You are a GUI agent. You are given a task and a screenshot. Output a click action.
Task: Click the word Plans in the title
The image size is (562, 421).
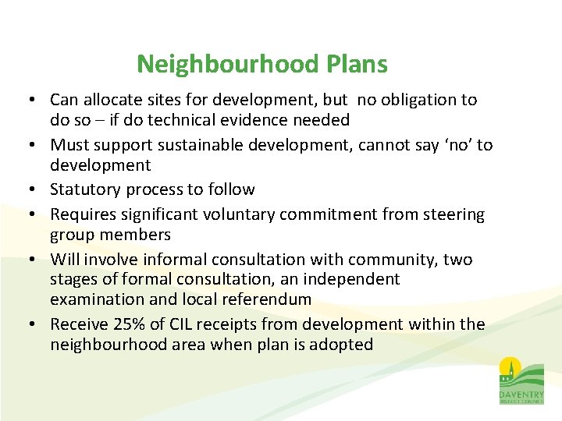pos(357,64)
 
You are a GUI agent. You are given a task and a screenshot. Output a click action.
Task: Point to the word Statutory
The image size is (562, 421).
pos(85,189)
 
